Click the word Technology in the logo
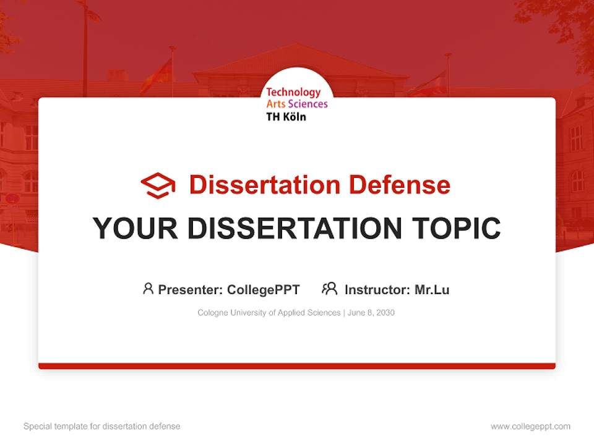(x=293, y=92)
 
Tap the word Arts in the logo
(x=276, y=104)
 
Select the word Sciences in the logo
(x=308, y=104)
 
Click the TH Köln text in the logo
(x=286, y=116)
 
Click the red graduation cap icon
(x=158, y=185)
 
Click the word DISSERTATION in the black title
(x=295, y=228)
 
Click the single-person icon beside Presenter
(x=148, y=289)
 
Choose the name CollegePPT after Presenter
(x=264, y=290)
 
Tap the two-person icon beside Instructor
(x=330, y=289)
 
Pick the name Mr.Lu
(x=432, y=290)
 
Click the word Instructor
(x=377, y=290)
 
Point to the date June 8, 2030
(x=371, y=313)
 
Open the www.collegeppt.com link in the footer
(x=530, y=426)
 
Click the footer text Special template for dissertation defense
(x=102, y=426)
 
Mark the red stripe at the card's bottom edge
(x=297, y=366)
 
